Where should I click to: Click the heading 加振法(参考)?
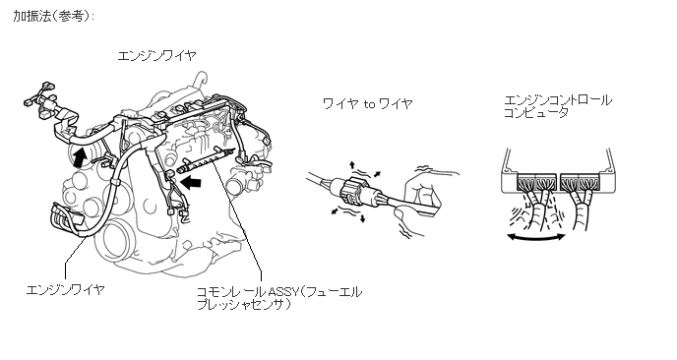click(53, 17)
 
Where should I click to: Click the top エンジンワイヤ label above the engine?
click(156, 56)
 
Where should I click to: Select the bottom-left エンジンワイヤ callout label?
click(65, 289)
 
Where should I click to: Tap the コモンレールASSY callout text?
click(279, 298)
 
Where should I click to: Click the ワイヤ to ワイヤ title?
click(368, 103)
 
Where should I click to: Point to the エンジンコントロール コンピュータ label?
click(558, 106)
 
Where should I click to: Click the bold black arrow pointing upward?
click(78, 157)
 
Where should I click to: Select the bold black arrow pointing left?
click(191, 183)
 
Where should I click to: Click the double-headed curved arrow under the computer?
click(536, 236)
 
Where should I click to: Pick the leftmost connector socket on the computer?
click(525, 182)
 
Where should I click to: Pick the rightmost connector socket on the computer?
click(587, 182)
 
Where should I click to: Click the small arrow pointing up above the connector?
click(352, 165)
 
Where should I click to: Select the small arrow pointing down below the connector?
click(362, 218)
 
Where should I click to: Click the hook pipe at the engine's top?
click(199, 80)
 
